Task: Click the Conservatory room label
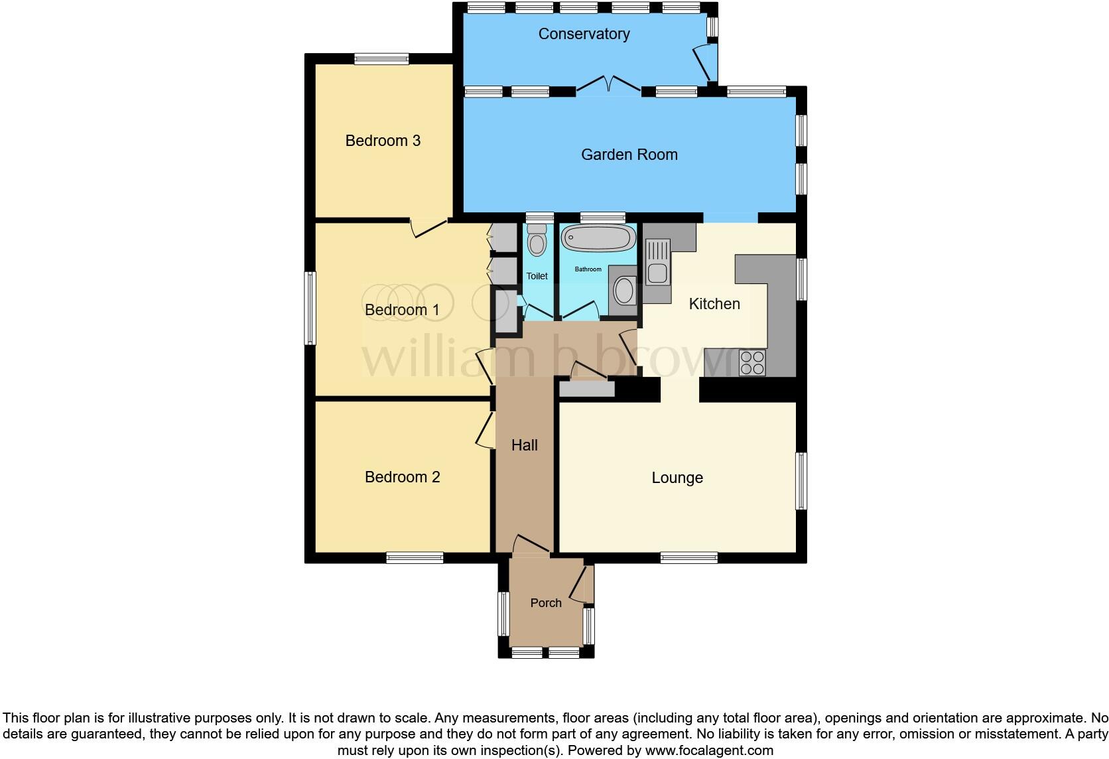(x=584, y=34)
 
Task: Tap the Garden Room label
(x=629, y=155)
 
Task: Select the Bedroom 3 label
(x=383, y=141)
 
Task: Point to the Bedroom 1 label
(x=402, y=310)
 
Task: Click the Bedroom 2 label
(x=402, y=477)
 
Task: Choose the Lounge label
(x=677, y=478)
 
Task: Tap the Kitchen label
(x=714, y=304)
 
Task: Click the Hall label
(x=524, y=445)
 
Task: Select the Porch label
(x=546, y=603)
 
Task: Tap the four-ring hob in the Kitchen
(x=752, y=362)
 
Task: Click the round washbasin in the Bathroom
(x=624, y=290)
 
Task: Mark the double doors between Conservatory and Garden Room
(x=608, y=85)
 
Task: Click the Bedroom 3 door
(x=428, y=228)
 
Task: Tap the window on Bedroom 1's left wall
(x=310, y=308)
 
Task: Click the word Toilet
(x=537, y=276)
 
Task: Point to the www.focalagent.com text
(x=709, y=751)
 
